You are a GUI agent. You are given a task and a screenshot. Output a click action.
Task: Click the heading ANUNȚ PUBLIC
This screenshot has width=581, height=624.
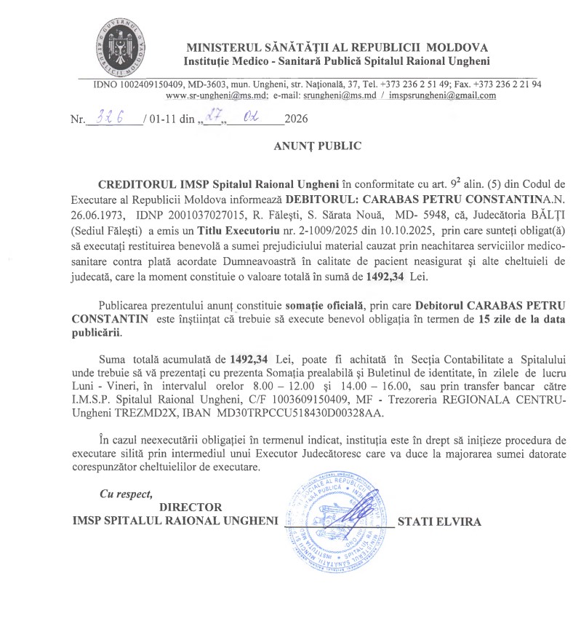(x=317, y=146)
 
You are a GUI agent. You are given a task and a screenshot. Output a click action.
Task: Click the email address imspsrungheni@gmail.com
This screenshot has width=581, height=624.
(x=443, y=95)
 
